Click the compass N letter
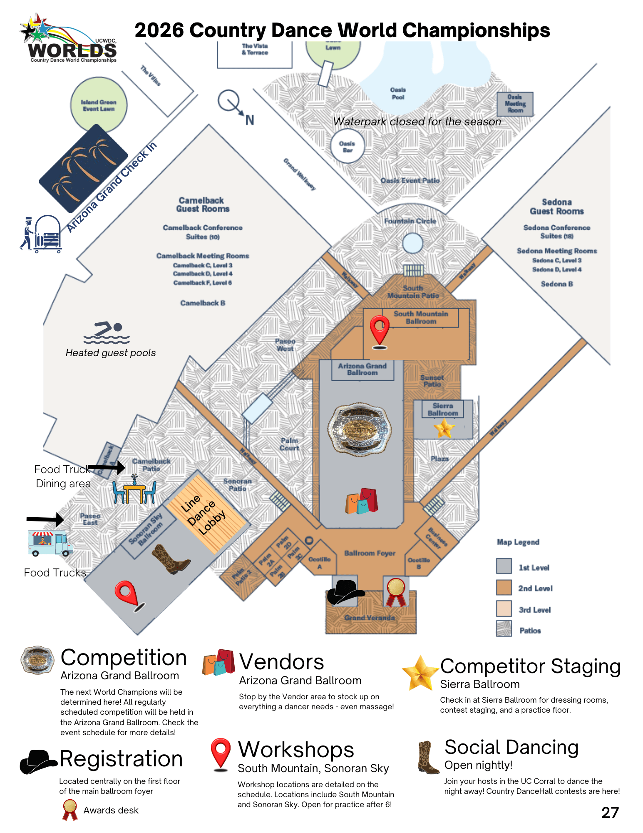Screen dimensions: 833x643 [249, 120]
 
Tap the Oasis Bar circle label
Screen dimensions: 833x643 [348, 147]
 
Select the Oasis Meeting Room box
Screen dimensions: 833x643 [515, 104]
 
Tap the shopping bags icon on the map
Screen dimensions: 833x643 [361, 501]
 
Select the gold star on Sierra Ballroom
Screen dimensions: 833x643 [444, 428]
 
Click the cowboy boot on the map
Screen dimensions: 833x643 [171, 559]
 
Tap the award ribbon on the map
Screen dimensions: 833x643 [396, 592]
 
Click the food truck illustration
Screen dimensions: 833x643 [50, 543]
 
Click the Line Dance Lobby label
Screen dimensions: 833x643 [204, 515]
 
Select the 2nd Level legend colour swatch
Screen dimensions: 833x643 [504, 588]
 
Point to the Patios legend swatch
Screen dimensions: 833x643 [504, 628]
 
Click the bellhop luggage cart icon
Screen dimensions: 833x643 [42, 234]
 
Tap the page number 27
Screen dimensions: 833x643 [610, 813]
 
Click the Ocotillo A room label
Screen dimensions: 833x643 [320, 563]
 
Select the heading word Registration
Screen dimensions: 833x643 [121, 759]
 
